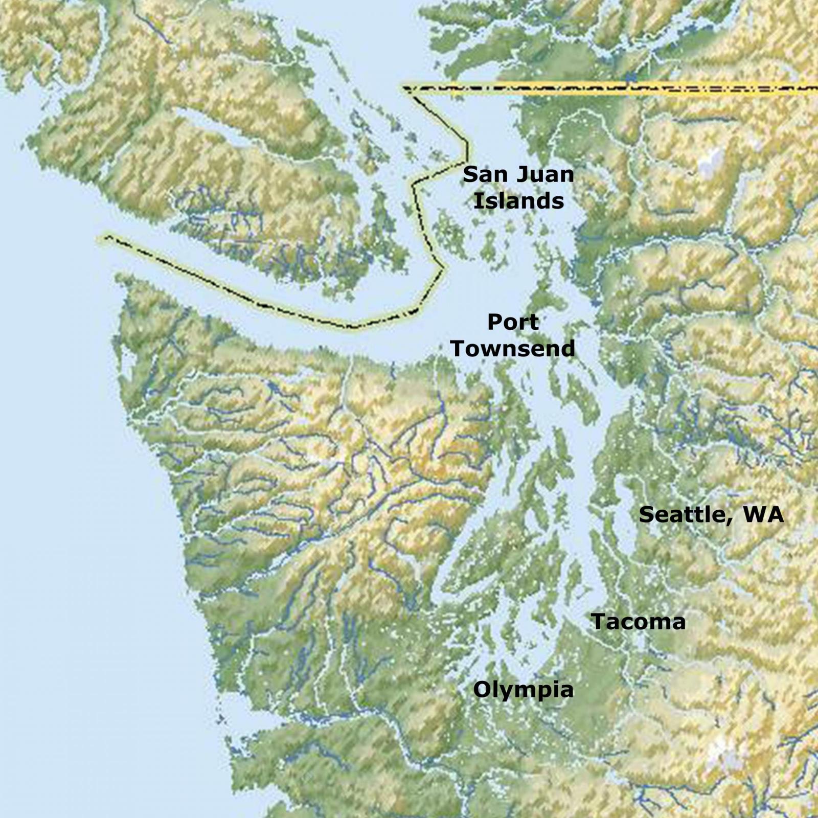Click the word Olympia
[x=523, y=690]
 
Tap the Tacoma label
[x=638, y=622]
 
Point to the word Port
[x=513, y=323]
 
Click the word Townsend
[x=513, y=349]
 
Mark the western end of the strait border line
[x=107, y=237]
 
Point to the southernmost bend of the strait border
[x=353, y=326]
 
